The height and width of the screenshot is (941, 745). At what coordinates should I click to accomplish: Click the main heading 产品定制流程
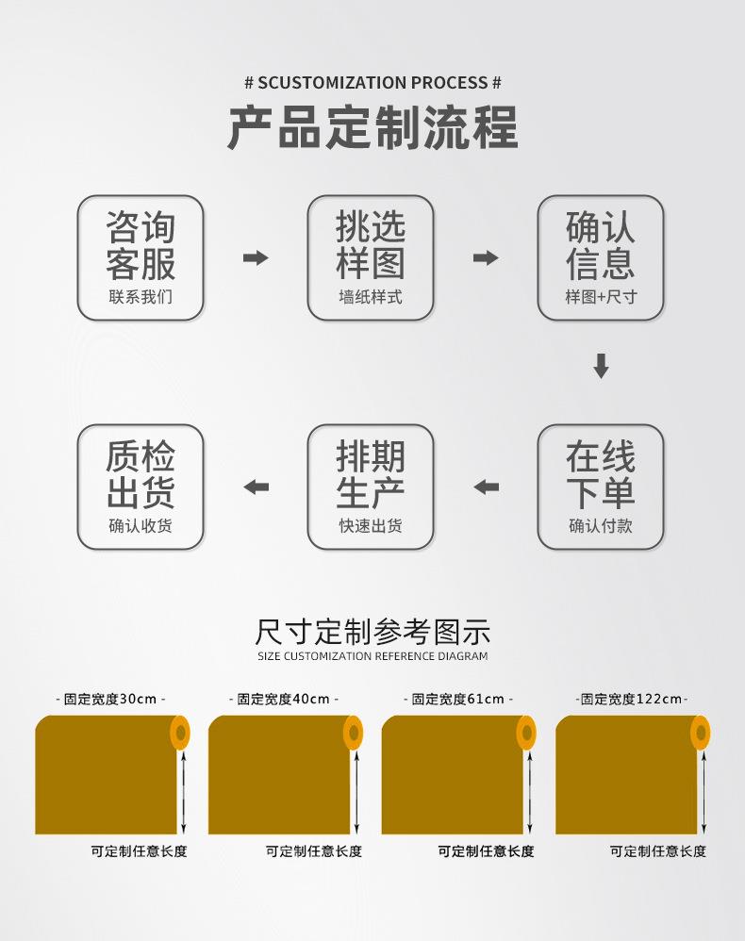(372, 128)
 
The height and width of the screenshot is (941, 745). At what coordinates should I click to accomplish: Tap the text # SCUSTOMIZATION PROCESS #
(372, 83)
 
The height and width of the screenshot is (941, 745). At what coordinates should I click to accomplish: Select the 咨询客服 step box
(141, 257)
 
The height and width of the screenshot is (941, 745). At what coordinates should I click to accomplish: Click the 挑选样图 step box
(371, 257)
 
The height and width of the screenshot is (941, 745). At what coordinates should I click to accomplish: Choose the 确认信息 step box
(601, 257)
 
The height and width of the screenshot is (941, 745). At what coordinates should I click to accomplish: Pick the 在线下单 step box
(601, 487)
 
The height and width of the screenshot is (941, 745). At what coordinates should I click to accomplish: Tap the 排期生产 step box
(371, 487)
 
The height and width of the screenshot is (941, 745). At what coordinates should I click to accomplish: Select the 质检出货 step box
(141, 487)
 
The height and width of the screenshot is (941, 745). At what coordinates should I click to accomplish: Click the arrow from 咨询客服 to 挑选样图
(256, 258)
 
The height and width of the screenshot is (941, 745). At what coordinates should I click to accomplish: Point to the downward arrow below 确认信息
(601, 366)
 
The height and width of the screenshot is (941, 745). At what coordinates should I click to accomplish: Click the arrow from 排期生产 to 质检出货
(256, 487)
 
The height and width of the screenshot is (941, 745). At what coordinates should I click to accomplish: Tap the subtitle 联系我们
(141, 297)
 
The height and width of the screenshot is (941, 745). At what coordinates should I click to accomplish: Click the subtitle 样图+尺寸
(601, 297)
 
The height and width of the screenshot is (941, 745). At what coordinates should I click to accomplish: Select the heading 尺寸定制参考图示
(372, 632)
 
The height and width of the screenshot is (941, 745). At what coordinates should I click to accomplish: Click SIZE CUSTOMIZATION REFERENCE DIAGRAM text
(372, 656)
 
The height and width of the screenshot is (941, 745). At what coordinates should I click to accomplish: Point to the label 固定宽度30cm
(110, 699)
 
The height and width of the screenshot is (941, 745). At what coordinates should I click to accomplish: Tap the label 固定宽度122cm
(631, 699)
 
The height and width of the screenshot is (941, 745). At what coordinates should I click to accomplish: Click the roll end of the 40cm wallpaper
(353, 733)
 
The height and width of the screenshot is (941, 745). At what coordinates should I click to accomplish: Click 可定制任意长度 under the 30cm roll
(139, 851)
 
